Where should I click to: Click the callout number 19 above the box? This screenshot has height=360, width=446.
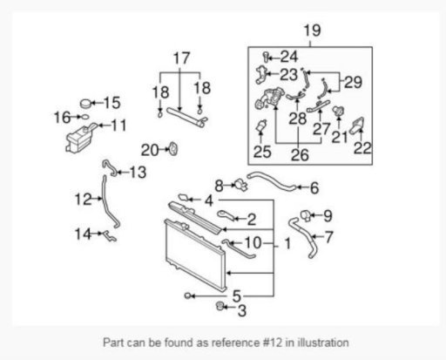pyautogui.click(x=312, y=31)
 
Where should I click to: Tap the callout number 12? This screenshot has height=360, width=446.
pyautogui.click(x=83, y=200)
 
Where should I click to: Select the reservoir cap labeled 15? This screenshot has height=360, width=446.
pyautogui.click(x=85, y=104)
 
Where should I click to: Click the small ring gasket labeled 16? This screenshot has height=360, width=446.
pyautogui.click(x=84, y=117)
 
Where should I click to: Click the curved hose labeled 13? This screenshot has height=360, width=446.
pyautogui.click(x=110, y=168)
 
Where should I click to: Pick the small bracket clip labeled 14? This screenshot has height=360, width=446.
pyautogui.click(x=110, y=236)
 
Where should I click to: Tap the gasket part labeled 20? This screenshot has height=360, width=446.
pyautogui.click(x=173, y=149)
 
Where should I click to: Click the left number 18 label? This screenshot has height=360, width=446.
pyautogui.click(x=160, y=92)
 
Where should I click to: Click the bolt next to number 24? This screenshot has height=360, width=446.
pyautogui.click(x=266, y=57)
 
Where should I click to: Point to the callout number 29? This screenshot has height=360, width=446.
pyautogui.click(x=353, y=82)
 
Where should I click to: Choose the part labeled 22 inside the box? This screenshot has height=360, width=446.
pyautogui.click(x=357, y=126)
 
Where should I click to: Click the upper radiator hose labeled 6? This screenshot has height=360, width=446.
pyautogui.click(x=271, y=180)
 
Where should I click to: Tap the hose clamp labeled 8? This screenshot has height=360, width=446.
pyautogui.click(x=241, y=185)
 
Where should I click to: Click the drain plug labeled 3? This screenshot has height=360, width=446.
pyautogui.click(x=220, y=306)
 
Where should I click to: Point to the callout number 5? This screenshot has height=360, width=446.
pyautogui.click(x=237, y=296)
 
